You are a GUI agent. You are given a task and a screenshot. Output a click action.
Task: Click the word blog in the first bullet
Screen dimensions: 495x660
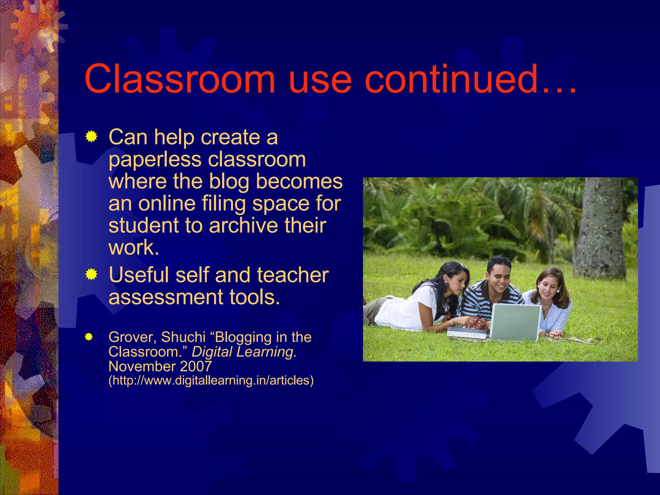[x=229, y=181]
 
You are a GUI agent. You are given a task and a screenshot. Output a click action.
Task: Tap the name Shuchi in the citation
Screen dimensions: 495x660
[x=183, y=337]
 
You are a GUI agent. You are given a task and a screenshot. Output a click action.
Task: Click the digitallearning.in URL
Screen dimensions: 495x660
[x=211, y=381]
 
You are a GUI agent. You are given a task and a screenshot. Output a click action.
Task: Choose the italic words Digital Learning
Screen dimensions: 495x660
[x=244, y=352]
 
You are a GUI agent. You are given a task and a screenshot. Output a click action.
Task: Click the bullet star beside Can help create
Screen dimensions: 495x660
[x=92, y=137]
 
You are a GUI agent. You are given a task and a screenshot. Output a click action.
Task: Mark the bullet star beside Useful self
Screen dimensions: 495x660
[x=92, y=275]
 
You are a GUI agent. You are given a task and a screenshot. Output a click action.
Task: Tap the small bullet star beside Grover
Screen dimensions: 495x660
[x=89, y=337]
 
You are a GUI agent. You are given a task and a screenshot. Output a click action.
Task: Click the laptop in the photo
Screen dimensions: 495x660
[x=516, y=322]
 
